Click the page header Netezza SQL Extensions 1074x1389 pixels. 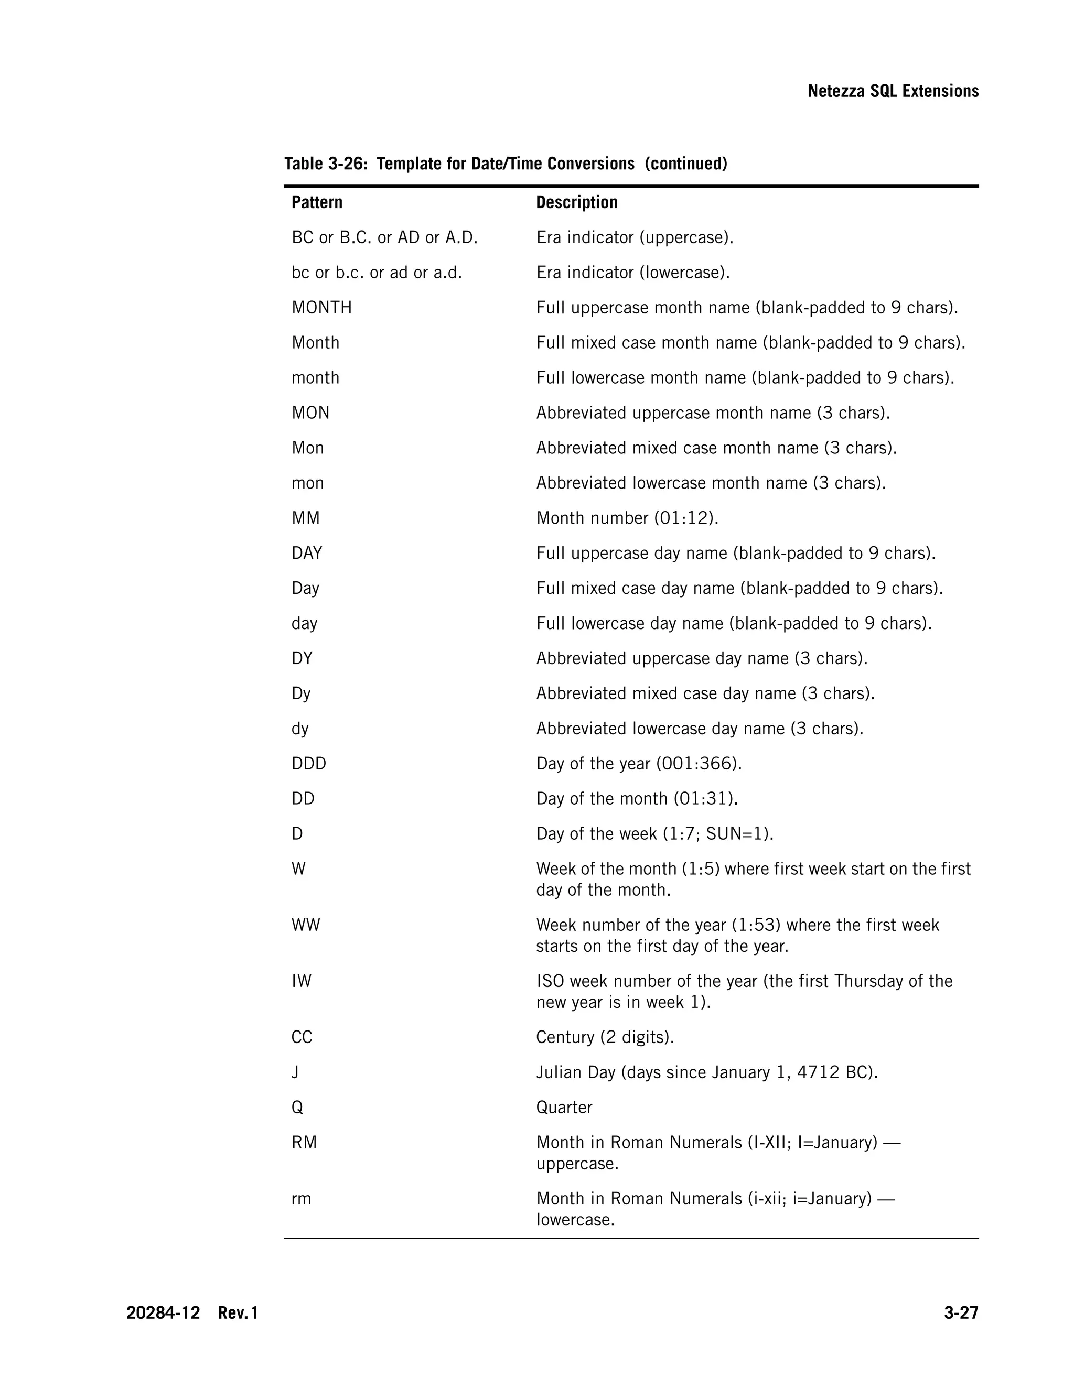pyautogui.click(x=893, y=92)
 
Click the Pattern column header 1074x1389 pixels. pyautogui.click(x=317, y=202)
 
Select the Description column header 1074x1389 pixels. pyautogui.click(x=576, y=202)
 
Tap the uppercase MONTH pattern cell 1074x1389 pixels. pyautogui.click(x=321, y=308)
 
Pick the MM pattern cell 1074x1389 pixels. pyautogui.click(x=305, y=518)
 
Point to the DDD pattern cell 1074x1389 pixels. pyautogui.click(x=308, y=764)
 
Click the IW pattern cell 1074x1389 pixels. pyautogui.click(x=302, y=981)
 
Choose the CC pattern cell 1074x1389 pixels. pyautogui.click(x=302, y=1037)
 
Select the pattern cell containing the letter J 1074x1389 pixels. pyautogui.click(x=295, y=1072)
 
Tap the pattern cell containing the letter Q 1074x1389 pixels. pyautogui.click(x=297, y=1107)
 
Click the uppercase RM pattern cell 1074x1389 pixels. pyautogui.click(x=304, y=1143)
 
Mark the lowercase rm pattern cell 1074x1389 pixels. pyautogui.click(x=301, y=1199)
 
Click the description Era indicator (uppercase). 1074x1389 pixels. pyautogui.click(x=635, y=238)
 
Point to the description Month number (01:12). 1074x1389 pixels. pyautogui.click(x=627, y=518)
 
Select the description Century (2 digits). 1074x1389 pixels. pyautogui.click(x=605, y=1037)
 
